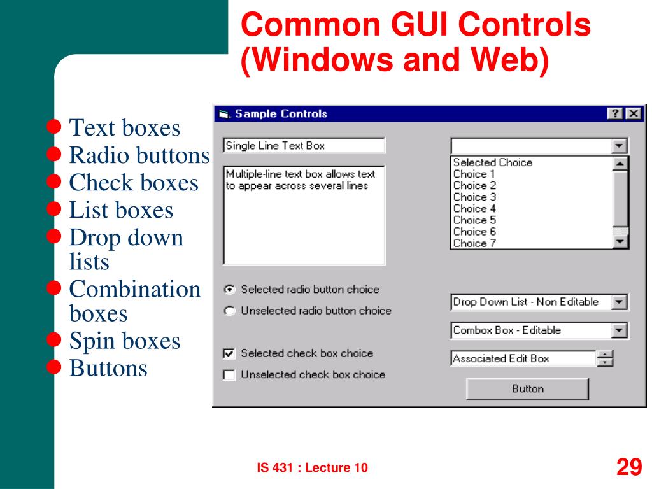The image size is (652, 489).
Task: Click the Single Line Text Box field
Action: (x=304, y=145)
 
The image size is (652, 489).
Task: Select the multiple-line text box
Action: (x=304, y=215)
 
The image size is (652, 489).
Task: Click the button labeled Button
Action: (x=527, y=388)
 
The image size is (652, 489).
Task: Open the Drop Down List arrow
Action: (x=619, y=302)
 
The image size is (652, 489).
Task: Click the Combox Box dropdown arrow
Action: (x=619, y=330)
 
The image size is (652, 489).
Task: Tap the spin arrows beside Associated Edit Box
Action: (x=605, y=358)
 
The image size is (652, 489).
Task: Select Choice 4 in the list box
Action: (x=474, y=208)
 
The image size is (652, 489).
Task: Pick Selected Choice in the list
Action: (x=492, y=162)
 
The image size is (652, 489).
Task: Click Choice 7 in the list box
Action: (x=474, y=243)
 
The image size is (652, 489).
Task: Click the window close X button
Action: (x=632, y=113)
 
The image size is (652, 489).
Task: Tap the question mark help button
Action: (x=615, y=113)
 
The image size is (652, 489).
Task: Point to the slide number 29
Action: (x=628, y=467)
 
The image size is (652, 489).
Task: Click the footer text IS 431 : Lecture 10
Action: (x=312, y=468)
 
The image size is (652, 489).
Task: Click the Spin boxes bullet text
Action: (x=125, y=341)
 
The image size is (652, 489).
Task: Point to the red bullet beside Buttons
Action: (x=55, y=367)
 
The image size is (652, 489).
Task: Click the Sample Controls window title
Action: (x=281, y=114)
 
